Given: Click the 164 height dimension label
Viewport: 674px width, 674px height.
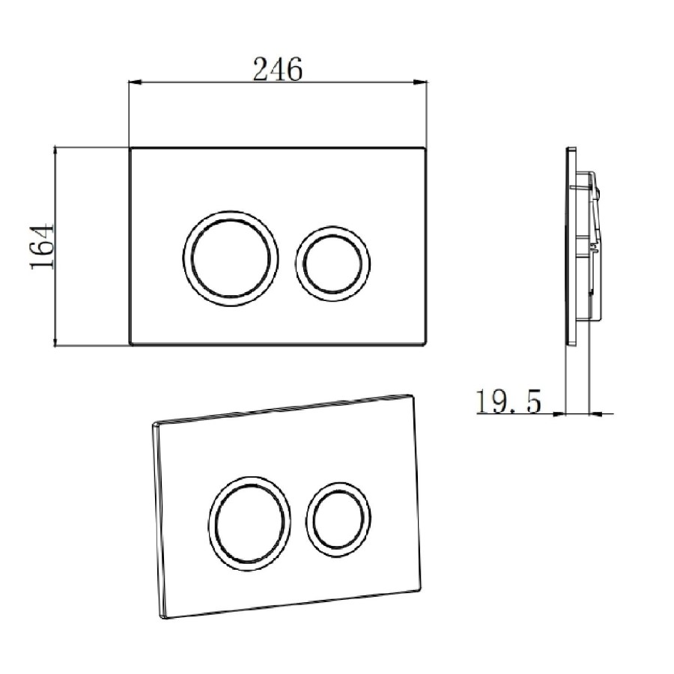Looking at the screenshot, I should (x=43, y=246).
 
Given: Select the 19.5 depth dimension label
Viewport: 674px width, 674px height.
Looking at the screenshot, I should (x=508, y=402).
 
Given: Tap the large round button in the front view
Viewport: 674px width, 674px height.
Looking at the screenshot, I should (x=231, y=257).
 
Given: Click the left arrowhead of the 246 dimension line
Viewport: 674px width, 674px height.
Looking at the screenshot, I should (x=135, y=82).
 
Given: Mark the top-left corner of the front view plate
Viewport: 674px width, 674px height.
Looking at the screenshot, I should (x=132, y=148).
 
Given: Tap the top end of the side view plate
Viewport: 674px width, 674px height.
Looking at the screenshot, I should (x=571, y=149).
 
